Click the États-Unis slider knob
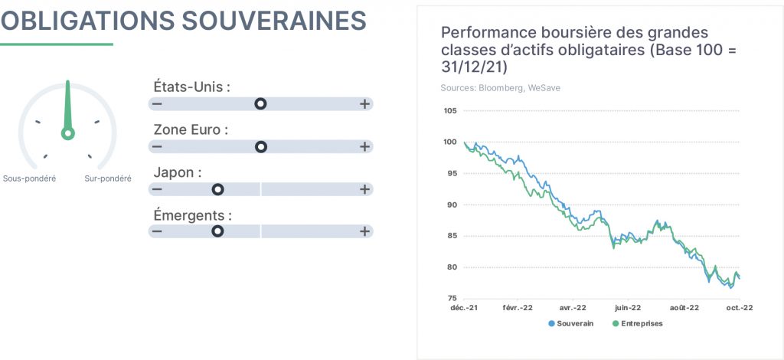click(260, 104)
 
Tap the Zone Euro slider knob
click(260, 147)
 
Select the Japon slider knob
click(217, 189)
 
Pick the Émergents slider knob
click(217, 231)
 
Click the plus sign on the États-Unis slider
click(364, 104)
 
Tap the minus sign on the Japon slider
click(157, 189)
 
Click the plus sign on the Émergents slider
click(364, 231)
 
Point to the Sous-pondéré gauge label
click(30, 178)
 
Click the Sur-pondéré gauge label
click(108, 178)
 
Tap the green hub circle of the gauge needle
click(68, 133)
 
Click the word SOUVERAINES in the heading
click(274, 21)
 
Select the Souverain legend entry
click(571, 323)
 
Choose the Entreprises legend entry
click(638, 323)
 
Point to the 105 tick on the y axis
click(450, 110)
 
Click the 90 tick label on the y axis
click(452, 205)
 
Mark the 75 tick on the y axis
click(452, 299)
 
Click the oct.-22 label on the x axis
click(739, 308)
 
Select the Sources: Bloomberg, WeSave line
click(501, 88)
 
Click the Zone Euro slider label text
click(191, 130)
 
